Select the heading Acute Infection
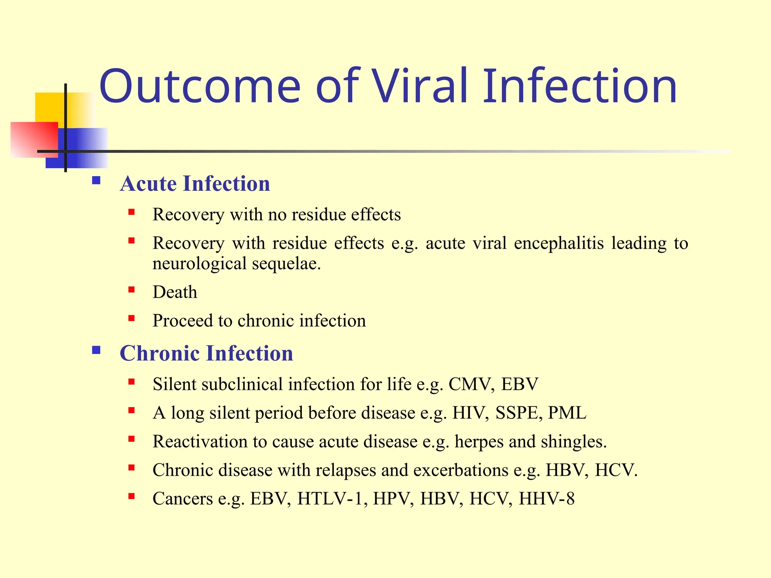click(x=195, y=184)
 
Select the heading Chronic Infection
click(x=206, y=353)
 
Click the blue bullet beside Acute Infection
click(x=96, y=180)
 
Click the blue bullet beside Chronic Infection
click(x=96, y=350)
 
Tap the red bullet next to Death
click(x=131, y=290)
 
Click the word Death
click(x=175, y=292)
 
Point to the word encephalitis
click(x=559, y=243)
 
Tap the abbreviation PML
click(x=567, y=413)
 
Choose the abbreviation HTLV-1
click(x=332, y=499)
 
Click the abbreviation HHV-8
click(x=546, y=499)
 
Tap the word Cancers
click(x=183, y=499)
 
